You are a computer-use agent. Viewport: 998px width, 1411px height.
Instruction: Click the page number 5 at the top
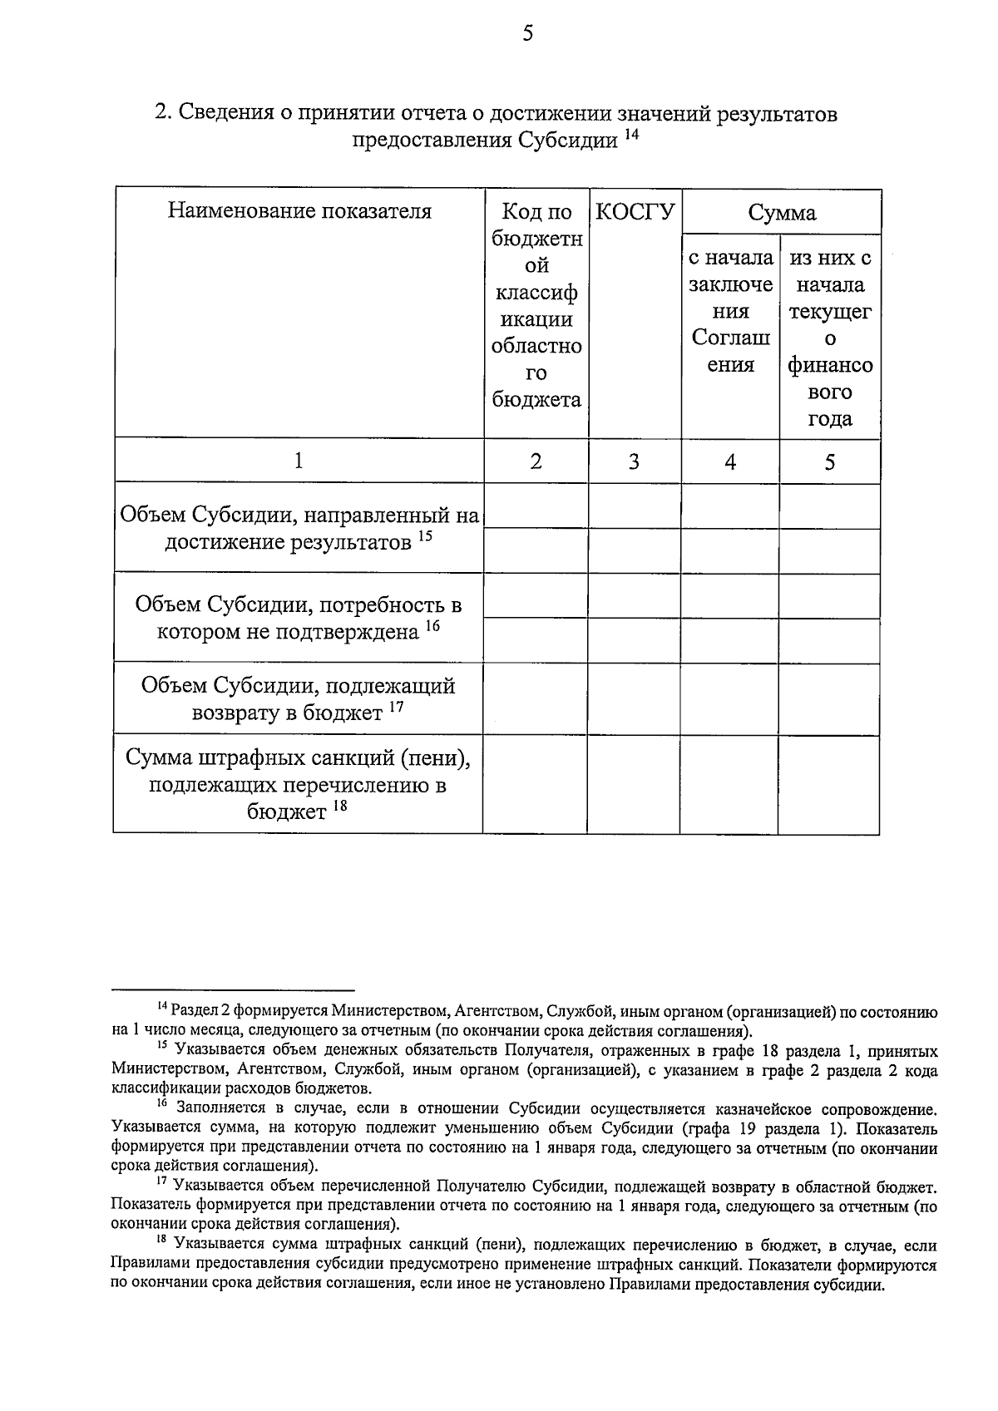527,33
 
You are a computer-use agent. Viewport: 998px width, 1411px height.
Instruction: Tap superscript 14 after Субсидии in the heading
632,134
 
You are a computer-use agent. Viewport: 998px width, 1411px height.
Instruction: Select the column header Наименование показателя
299,210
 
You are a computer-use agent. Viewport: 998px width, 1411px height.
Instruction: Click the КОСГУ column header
635,211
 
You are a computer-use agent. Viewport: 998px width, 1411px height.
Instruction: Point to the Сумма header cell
781,213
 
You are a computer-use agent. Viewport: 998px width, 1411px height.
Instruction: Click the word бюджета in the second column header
536,400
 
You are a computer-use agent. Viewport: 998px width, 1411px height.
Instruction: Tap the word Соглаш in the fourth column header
730,338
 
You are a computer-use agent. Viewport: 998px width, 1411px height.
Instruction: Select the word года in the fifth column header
829,418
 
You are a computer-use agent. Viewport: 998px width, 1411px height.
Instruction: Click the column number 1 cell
299,461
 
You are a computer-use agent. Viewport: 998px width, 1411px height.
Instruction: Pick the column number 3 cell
634,461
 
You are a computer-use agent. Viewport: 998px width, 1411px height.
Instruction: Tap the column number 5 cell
829,461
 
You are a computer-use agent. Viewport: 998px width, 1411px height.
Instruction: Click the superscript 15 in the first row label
425,537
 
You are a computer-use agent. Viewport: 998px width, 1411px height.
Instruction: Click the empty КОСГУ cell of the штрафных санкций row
633,784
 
